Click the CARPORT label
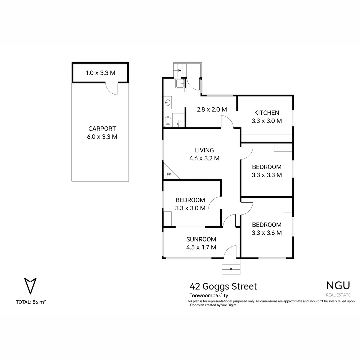click(102, 129)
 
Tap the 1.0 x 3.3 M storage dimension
click(100, 73)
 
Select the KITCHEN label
click(267, 113)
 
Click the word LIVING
click(204, 150)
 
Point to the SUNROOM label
click(201, 239)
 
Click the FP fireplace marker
click(169, 174)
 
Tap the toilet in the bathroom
click(168, 122)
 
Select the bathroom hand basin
click(167, 103)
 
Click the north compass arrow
click(30, 286)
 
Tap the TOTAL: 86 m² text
click(31, 302)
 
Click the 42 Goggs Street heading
click(223, 286)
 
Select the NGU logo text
click(338, 285)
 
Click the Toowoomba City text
click(208, 295)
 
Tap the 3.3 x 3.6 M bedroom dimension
click(267, 233)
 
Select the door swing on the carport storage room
click(112, 89)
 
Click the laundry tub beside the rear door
click(180, 83)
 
